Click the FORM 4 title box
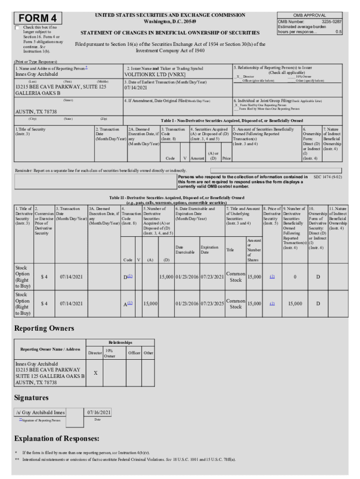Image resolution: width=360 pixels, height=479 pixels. (38, 18)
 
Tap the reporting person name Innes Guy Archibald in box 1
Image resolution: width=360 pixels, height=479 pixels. (37, 74)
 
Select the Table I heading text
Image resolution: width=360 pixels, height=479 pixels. (232, 120)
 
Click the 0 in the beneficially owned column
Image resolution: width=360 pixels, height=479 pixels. (295, 277)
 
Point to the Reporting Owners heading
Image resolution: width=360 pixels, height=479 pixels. (44, 328)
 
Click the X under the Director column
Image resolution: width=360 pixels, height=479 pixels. (95, 373)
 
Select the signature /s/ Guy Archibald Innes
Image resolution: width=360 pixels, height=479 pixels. (40, 412)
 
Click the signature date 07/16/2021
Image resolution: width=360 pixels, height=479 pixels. (99, 412)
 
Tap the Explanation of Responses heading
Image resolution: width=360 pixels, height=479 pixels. (57, 439)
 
